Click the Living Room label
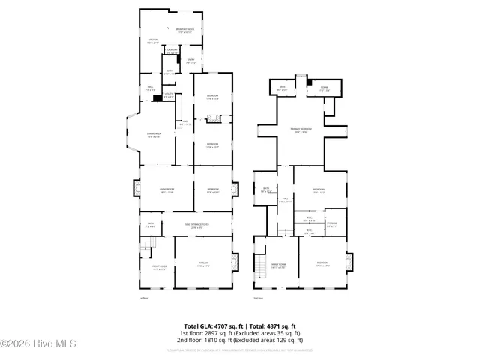156,190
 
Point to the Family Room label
277,264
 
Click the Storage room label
331,224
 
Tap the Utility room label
168,95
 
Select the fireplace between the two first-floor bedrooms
213,118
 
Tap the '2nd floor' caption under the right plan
257,298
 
